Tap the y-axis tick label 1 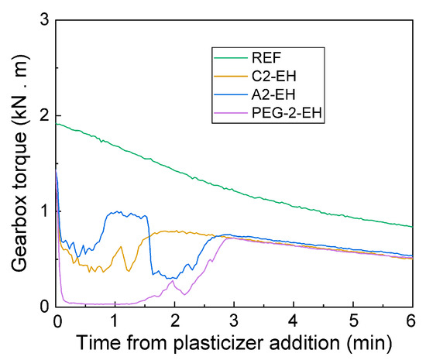(x=43, y=211)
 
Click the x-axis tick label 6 (x=411, y=321)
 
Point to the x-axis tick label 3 (x=234, y=321)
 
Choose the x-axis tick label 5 (x=352, y=321)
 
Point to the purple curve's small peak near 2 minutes (x=172, y=281)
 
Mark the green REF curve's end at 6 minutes (x=411, y=226)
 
